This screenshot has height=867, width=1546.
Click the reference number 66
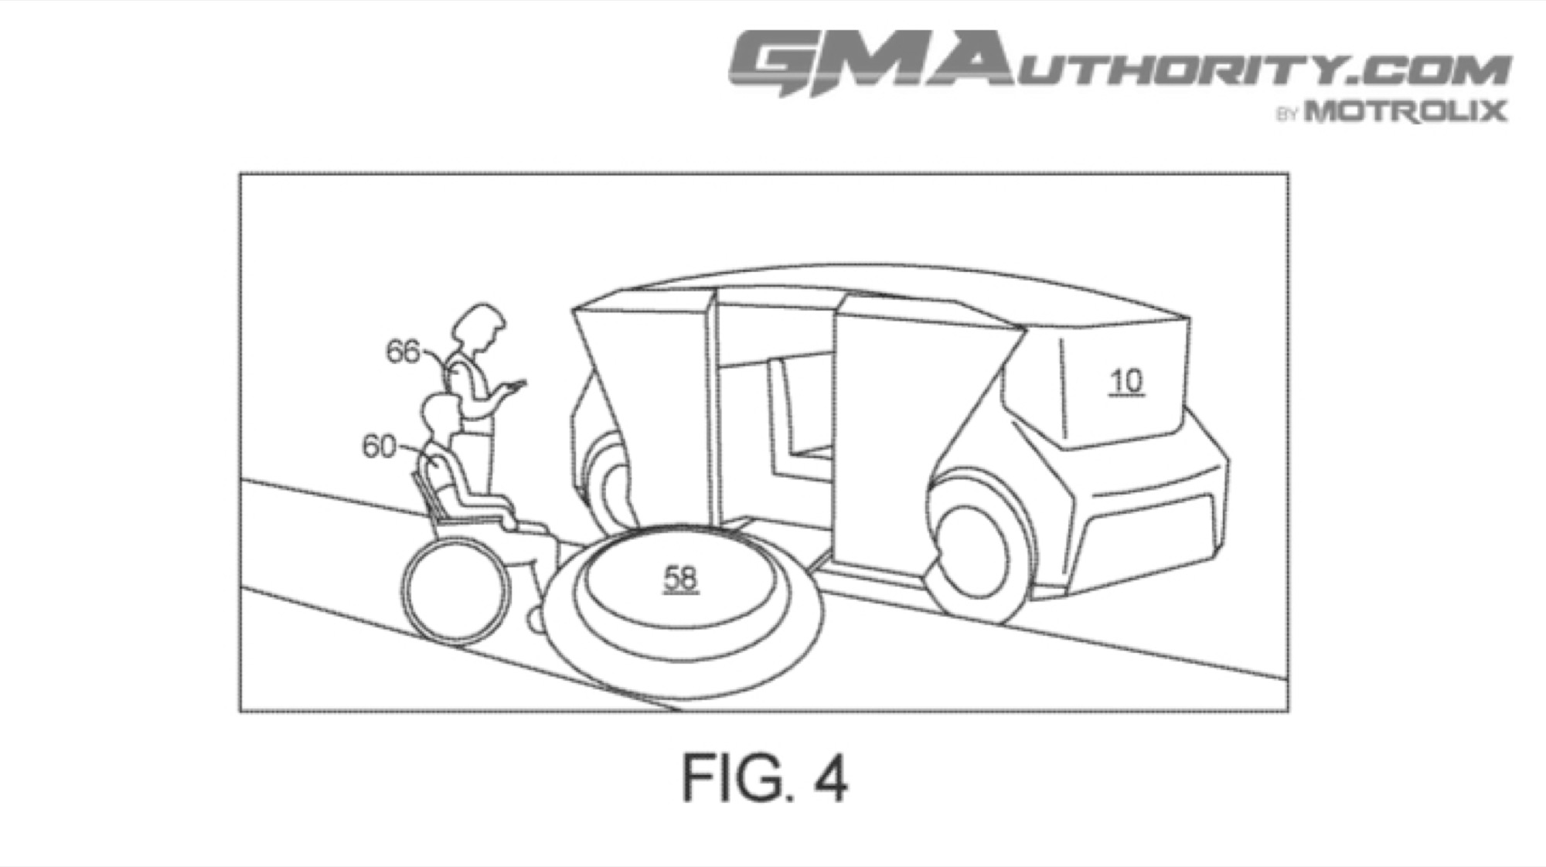(x=402, y=352)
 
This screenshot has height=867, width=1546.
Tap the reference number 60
(x=379, y=447)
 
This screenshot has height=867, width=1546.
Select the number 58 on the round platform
(x=681, y=578)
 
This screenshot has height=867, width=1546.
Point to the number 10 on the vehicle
(x=1126, y=382)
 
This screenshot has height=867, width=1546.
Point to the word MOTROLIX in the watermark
(x=1406, y=112)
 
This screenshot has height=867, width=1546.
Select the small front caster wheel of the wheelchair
(x=533, y=618)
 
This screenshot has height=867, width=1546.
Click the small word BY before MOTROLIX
(x=1287, y=115)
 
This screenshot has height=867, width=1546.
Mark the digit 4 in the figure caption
(x=829, y=778)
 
